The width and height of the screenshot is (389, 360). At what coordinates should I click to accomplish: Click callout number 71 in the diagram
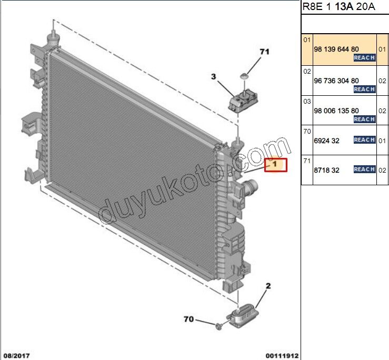[264, 52]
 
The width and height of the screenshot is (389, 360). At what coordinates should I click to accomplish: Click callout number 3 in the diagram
[213, 77]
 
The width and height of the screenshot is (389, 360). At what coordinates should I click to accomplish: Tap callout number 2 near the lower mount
[268, 286]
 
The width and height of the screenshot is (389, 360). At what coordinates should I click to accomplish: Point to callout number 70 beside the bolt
[188, 319]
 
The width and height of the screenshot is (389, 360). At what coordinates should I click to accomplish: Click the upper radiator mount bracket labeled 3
[243, 101]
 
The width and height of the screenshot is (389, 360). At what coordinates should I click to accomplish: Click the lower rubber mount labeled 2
[243, 315]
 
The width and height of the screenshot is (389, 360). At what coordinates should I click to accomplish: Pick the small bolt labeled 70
[218, 326]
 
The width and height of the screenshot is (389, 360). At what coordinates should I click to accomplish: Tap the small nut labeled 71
[244, 76]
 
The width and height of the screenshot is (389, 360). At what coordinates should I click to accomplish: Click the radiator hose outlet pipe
[251, 186]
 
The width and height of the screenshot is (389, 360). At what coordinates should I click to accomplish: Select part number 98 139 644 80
[336, 49]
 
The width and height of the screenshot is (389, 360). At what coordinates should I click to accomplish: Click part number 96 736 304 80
[336, 81]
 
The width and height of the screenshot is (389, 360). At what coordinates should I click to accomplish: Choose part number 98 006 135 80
[336, 111]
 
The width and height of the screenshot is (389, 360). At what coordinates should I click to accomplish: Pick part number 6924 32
[326, 141]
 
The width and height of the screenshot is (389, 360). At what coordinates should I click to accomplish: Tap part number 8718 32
[326, 170]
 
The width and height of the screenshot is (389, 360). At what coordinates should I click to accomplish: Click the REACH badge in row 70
[364, 140]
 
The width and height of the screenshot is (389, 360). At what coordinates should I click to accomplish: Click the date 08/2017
[17, 356]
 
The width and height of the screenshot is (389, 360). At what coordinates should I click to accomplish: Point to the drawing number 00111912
[282, 356]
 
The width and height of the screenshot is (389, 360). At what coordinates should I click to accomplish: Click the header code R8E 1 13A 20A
[339, 6]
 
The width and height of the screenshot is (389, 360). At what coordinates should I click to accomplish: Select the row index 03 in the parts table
[307, 102]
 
